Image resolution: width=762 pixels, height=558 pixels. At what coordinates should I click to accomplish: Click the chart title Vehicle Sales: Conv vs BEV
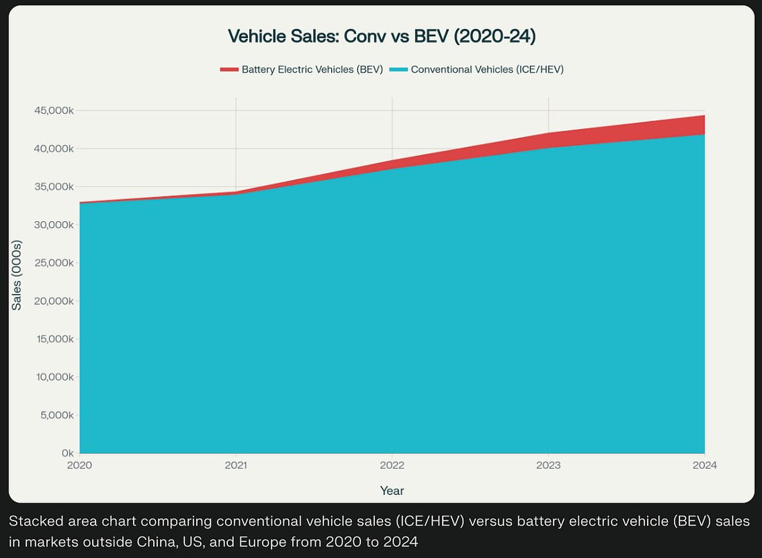click(x=382, y=36)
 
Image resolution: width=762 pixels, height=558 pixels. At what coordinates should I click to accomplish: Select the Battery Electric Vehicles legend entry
click(x=312, y=69)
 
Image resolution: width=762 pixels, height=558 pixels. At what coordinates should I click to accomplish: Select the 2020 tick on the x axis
click(x=80, y=466)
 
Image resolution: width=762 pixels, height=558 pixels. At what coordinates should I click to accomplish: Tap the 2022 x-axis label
click(x=392, y=466)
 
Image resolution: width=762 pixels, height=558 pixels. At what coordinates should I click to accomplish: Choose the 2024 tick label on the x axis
click(x=704, y=466)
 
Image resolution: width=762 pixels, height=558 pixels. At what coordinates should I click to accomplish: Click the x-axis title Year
click(x=392, y=491)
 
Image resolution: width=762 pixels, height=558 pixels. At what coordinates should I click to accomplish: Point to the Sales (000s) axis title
click(x=17, y=275)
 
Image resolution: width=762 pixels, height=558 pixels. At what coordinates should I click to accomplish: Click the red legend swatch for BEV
click(x=229, y=69)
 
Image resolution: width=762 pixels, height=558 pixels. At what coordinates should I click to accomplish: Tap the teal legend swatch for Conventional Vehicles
click(x=398, y=69)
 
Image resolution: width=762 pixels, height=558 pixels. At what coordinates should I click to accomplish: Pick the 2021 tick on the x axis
click(x=236, y=466)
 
